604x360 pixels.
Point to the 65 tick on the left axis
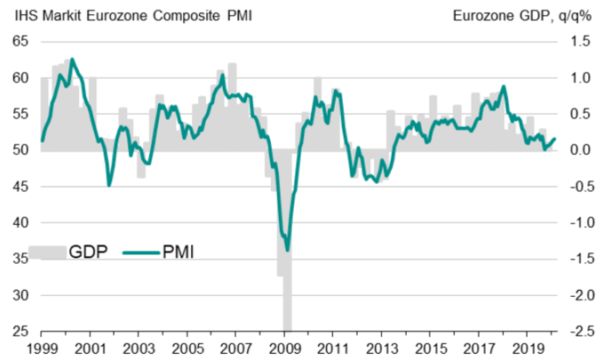(x=20, y=42)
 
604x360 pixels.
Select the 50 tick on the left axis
(x=20, y=150)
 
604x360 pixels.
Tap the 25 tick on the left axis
(x=20, y=332)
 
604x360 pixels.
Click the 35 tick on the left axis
(x=20, y=259)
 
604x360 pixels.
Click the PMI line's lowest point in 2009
(x=287, y=250)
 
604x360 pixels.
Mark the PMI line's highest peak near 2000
(x=72, y=60)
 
